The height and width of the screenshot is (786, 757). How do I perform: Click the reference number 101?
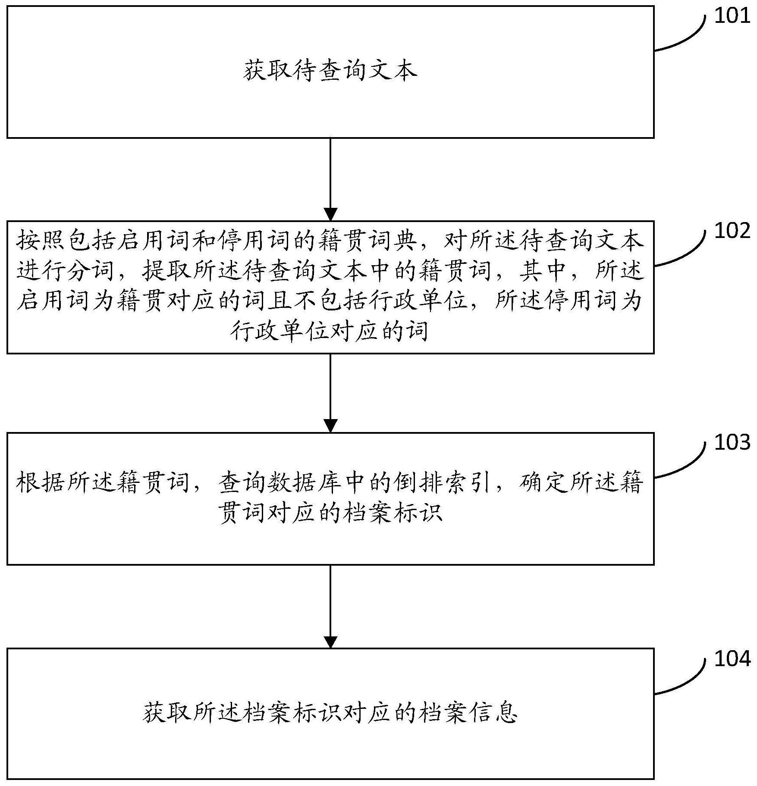732,16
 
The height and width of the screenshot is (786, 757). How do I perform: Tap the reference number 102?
732,232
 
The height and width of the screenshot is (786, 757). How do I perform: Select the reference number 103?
732,443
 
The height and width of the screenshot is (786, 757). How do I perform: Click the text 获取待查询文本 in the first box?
330,71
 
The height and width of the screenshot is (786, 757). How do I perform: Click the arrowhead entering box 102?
330,214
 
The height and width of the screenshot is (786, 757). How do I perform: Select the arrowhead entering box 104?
330,641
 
